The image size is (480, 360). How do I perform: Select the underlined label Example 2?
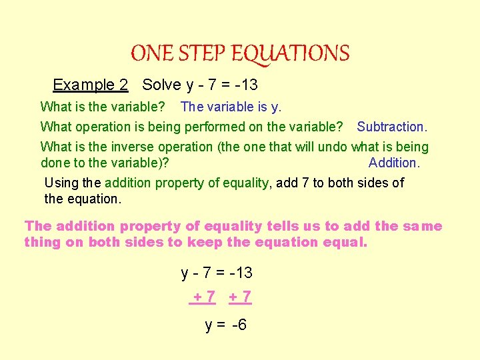91,85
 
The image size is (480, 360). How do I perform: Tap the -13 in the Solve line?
245,85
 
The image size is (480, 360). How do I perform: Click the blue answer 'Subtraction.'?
392,127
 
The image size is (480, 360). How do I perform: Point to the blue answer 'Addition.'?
394,163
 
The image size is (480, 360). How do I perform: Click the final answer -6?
238,325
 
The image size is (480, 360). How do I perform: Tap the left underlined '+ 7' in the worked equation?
203,297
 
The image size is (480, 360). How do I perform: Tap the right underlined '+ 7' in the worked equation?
240,297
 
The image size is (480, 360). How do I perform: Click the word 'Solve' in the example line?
162,85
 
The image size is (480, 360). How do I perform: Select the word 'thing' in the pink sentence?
42,242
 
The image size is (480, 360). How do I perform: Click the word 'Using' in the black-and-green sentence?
61,183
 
